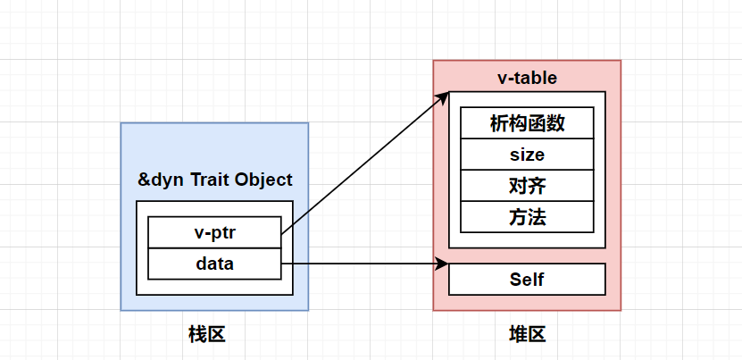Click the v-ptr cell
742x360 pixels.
(x=214, y=232)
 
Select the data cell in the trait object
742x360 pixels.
(x=214, y=264)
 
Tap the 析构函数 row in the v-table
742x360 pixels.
(x=527, y=123)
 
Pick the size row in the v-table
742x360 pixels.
(x=527, y=155)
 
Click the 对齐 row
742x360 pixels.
(x=527, y=186)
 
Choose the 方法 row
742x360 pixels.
(x=527, y=217)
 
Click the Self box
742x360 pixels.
(x=527, y=280)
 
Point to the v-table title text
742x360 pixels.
(x=527, y=78)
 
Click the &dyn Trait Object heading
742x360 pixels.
(x=214, y=180)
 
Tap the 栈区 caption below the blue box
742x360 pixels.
(x=206, y=335)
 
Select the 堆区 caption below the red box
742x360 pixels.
(x=527, y=335)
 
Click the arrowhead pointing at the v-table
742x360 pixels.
(x=442, y=96)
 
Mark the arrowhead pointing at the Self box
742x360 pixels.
(x=441, y=264)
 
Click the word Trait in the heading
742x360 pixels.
(x=208, y=180)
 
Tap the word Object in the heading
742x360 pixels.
(x=263, y=180)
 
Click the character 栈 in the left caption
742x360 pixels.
(x=196, y=335)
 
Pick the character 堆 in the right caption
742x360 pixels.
(x=517, y=335)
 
